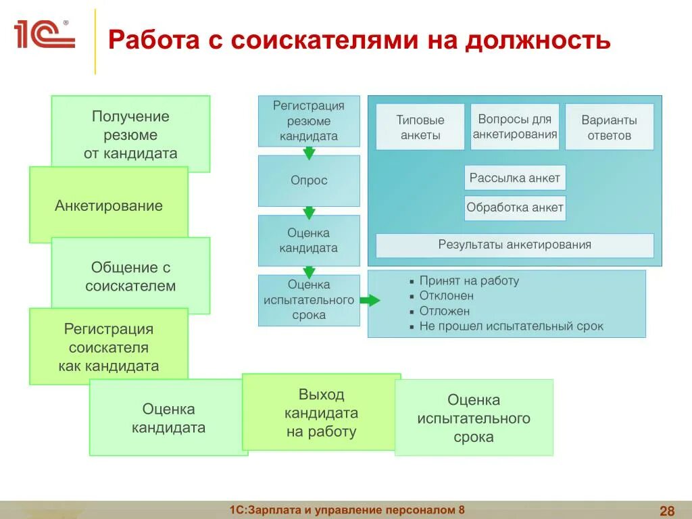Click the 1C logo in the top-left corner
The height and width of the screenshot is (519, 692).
(45, 34)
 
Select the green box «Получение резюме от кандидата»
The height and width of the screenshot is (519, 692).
(130, 134)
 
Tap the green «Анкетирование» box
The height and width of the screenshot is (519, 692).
(108, 205)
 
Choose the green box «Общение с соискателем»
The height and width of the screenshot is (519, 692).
(130, 276)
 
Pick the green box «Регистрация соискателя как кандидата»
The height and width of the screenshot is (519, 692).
(108, 347)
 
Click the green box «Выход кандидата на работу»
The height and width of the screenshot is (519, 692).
(321, 412)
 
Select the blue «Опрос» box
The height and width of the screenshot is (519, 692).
(309, 180)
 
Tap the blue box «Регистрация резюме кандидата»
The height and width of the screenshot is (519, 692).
(309, 121)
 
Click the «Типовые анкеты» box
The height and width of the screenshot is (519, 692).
(420, 127)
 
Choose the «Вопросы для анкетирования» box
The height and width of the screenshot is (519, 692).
(515, 126)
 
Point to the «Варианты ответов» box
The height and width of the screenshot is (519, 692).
(609, 127)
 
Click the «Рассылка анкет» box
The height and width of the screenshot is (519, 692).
(515, 178)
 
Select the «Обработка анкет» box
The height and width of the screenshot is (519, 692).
(515, 207)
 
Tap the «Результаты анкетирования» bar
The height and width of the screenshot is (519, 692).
(514, 245)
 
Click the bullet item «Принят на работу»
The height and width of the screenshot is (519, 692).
(469, 280)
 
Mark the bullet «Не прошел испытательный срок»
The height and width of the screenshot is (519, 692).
(511, 326)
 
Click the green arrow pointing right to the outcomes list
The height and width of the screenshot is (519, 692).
(370, 301)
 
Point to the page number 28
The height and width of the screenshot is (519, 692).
(667, 510)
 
